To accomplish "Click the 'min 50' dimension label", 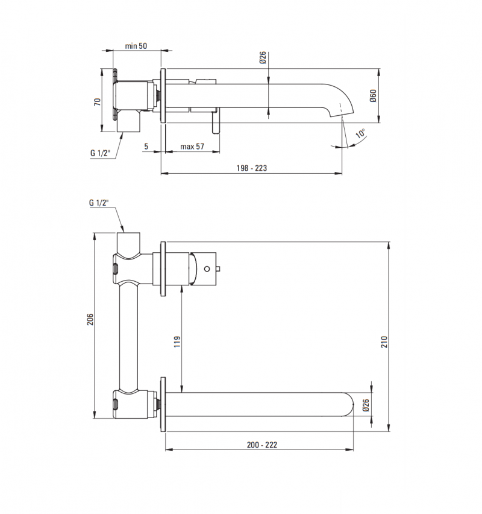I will coord(136,46).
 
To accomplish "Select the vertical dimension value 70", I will coord(97,101).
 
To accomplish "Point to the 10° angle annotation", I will coord(360,134).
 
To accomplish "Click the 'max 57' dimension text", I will coord(192,147).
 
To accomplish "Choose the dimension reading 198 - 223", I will coord(252,168).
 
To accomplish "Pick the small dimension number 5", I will coord(146,147).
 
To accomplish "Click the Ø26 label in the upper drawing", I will coord(263,59).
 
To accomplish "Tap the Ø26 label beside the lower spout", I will coord(366,405).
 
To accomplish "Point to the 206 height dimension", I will coord(90,320).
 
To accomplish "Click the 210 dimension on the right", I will coord(383,341).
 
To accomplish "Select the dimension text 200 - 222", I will coord(261,445).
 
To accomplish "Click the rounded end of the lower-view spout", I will coord(349,405).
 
